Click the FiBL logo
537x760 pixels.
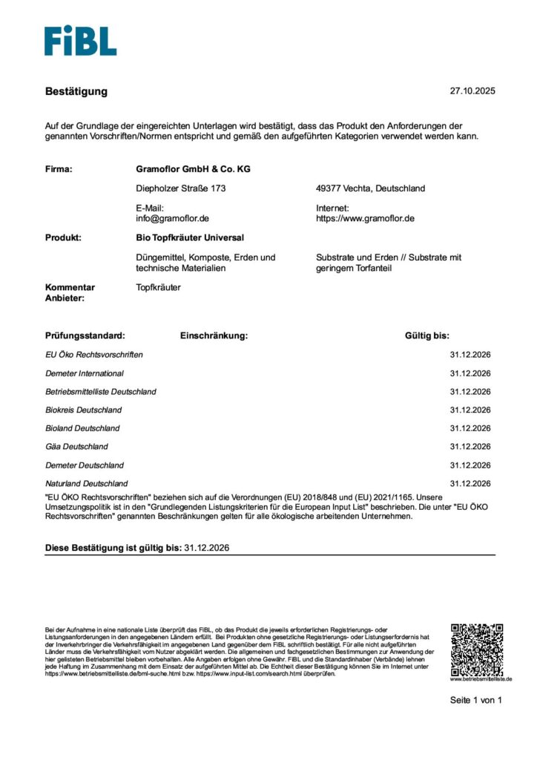pyautogui.click(x=80, y=41)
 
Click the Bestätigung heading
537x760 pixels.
pyautogui.click(x=76, y=91)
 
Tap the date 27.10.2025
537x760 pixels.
pyautogui.click(x=472, y=91)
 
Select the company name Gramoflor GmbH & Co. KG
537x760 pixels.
pyautogui.click(x=188, y=169)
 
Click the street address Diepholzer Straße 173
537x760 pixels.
pyautogui.click(x=181, y=189)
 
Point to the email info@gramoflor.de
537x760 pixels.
pyautogui.click(x=173, y=219)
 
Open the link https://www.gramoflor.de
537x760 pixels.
pyautogui.click(x=365, y=219)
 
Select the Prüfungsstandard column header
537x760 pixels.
pyautogui.click(x=85, y=335)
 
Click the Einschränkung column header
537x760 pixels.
pyautogui.click(x=214, y=335)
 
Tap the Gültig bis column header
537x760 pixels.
pyautogui.click(x=426, y=335)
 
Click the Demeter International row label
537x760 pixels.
pyautogui.click(x=85, y=373)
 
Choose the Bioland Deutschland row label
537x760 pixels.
pyautogui.click(x=82, y=428)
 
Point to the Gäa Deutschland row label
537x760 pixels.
pyautogui.click(x=76, y=447)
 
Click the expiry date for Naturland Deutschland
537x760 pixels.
pyautogui.click(x=470, y=483)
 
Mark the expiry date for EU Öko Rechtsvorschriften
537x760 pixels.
pyautogui.click(x=470, y=355)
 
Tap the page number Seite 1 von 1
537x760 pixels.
pyautogui.click(x=476, y=700)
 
